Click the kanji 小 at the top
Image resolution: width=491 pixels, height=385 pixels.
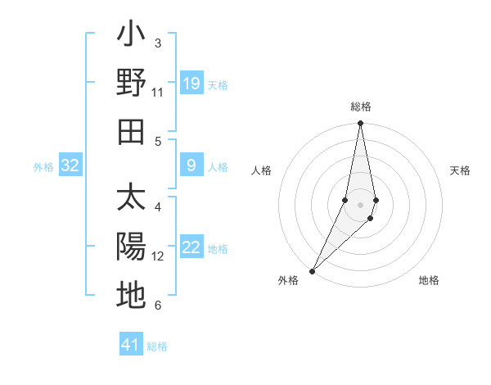131,36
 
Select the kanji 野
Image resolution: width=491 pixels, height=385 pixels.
131,84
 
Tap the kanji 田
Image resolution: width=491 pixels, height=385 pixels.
131,131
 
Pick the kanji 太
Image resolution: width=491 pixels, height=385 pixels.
131,199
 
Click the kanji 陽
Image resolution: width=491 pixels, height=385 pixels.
131,247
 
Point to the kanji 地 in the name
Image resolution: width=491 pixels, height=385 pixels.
131,295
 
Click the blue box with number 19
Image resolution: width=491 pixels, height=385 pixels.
191,84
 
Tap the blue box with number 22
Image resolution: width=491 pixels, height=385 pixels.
191,248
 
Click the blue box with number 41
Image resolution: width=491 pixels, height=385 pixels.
131,345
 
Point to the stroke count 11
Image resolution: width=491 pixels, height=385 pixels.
158,93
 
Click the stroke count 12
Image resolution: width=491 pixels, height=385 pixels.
158,256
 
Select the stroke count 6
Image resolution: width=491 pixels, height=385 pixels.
158,306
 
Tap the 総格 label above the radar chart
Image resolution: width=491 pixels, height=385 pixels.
360,107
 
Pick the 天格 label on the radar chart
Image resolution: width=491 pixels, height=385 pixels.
461,170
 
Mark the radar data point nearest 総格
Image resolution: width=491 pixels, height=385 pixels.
360,124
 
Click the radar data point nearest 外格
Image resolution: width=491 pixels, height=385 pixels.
313,270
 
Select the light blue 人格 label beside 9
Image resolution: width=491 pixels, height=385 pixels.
218,167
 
